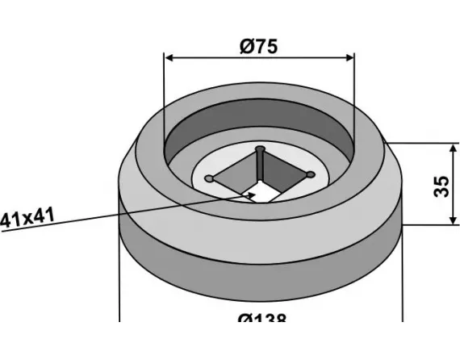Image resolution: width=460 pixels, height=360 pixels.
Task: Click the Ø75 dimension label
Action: point(258,45)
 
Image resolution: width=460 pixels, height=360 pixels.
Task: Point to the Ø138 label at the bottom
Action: point(262,319)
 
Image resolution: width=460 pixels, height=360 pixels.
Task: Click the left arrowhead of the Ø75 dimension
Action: point(169,57)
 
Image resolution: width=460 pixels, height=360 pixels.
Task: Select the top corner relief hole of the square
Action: point(260,149)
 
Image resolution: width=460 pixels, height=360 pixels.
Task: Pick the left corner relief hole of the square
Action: point(209,178)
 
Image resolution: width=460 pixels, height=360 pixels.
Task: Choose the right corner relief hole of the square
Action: point(311,173)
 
